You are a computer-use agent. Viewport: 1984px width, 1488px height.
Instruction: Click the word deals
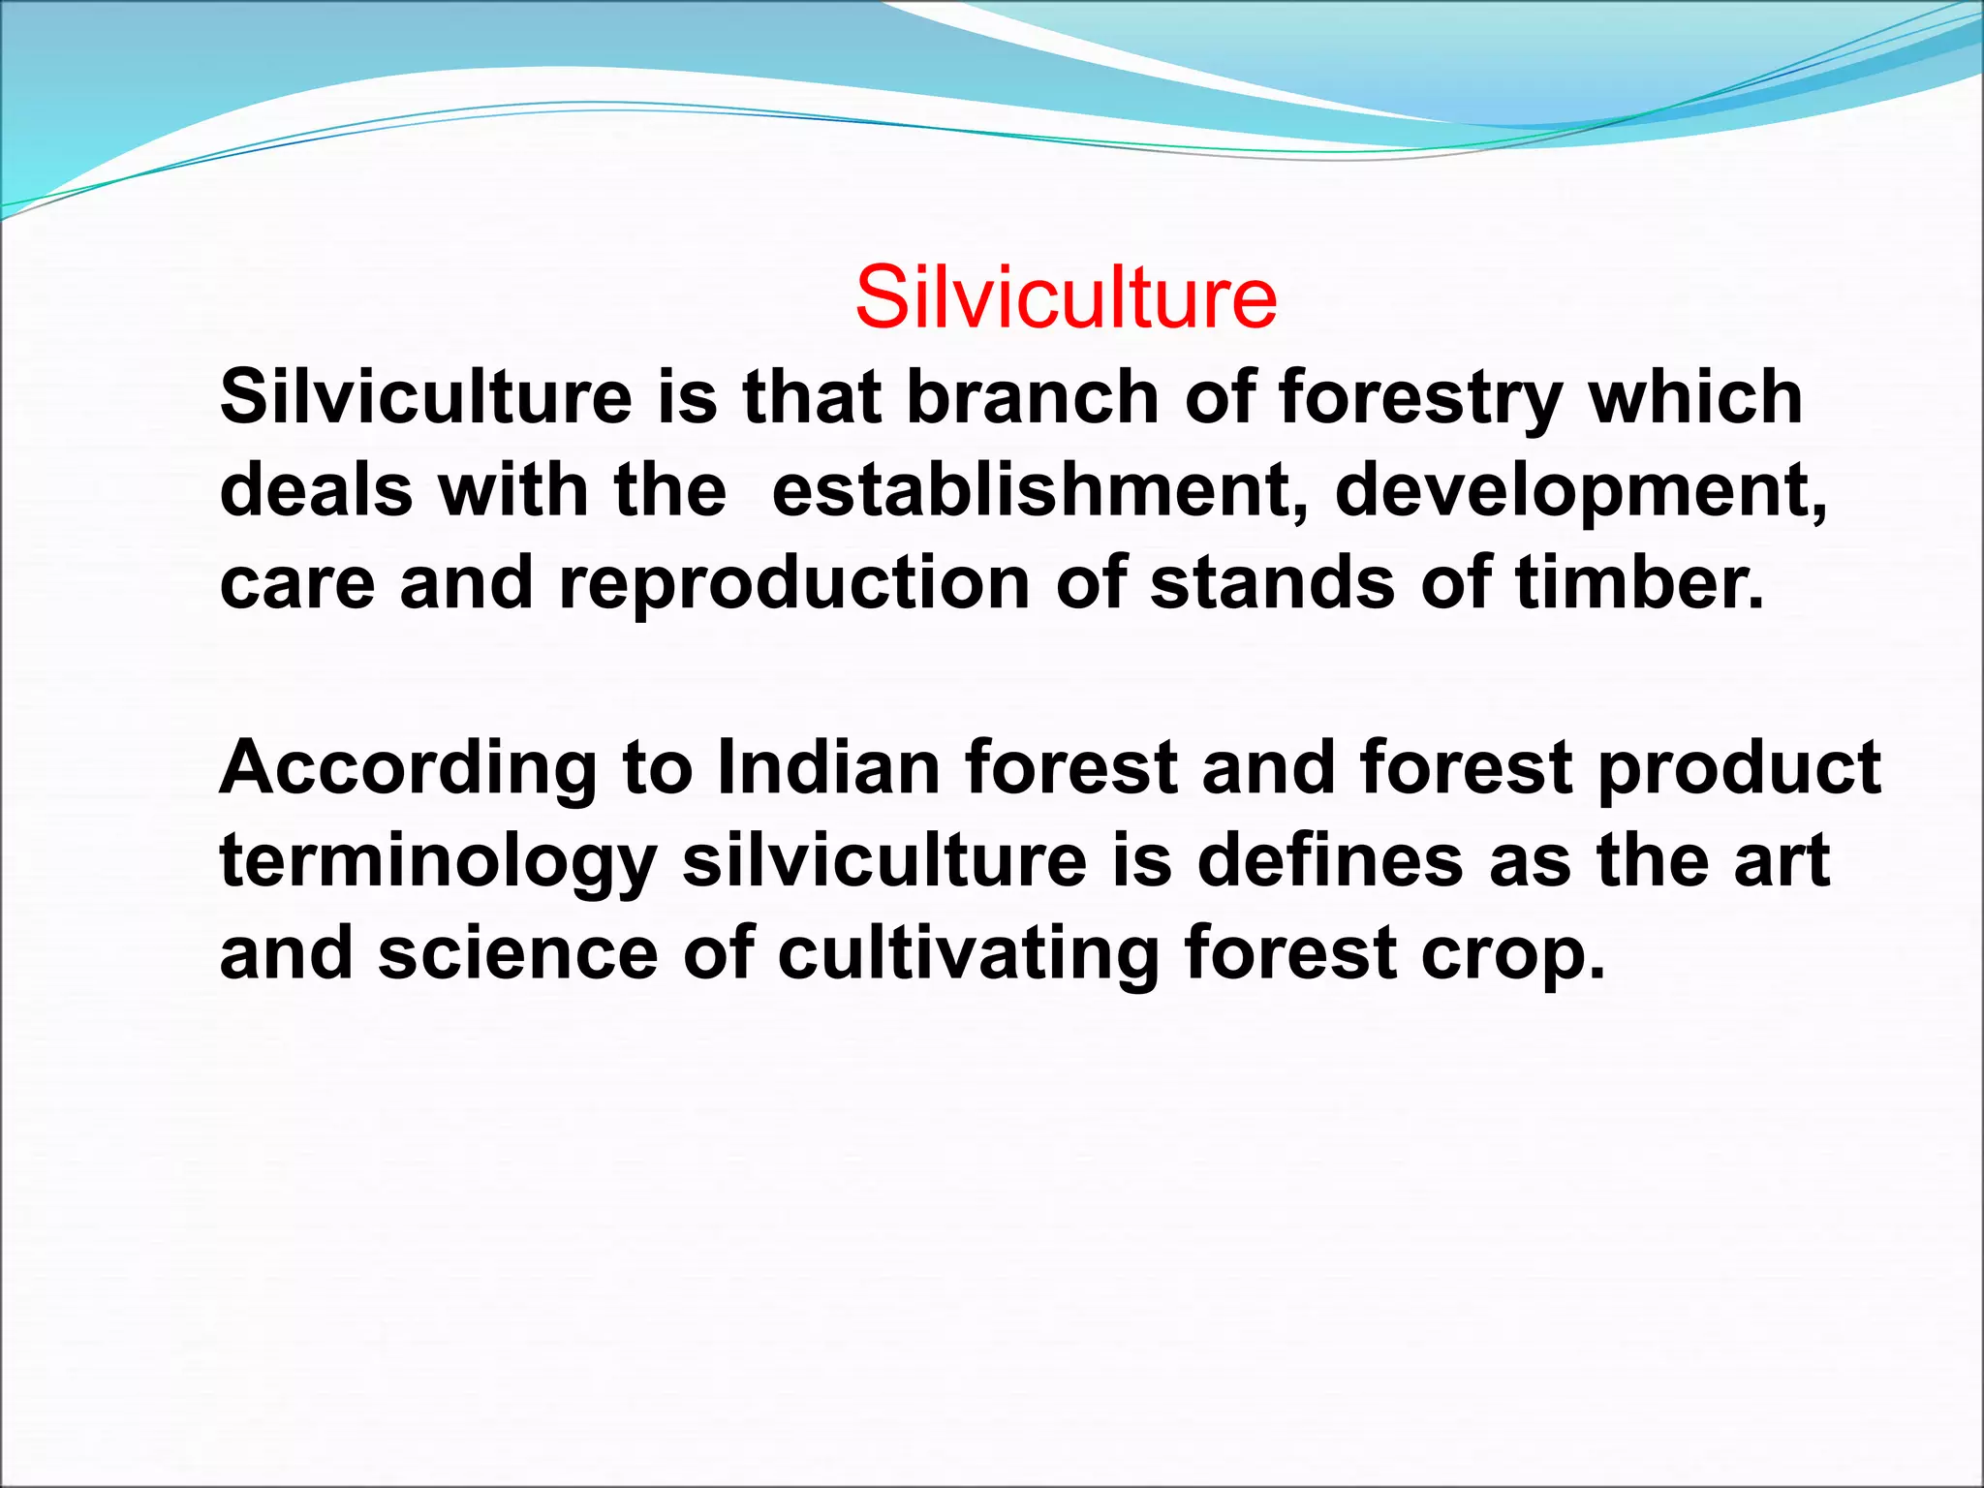316,489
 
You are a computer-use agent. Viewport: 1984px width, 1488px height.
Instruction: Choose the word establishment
1039,489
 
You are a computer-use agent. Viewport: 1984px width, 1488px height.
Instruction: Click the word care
297,584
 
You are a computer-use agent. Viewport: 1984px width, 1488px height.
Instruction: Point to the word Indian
828,767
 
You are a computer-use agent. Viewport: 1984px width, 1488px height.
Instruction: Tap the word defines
1330,860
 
